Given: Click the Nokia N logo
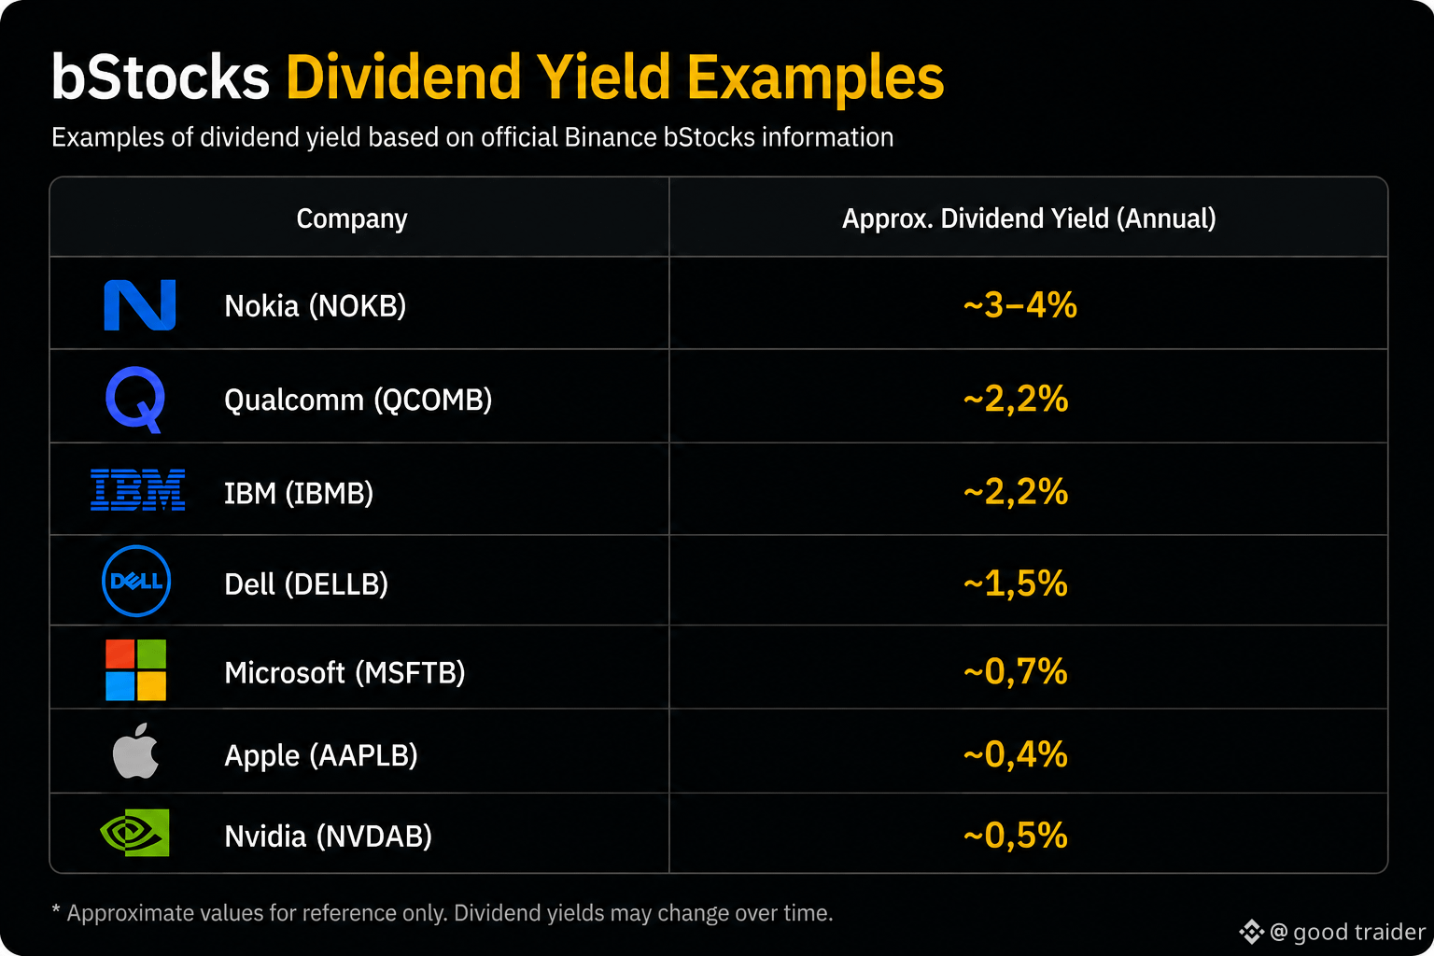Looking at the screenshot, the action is pyautogui.click(x=139, y=304).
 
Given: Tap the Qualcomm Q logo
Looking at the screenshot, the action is pyautogui.click(x=135, y=400).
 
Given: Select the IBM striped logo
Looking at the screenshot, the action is pyautogui.click(x=137, y=490).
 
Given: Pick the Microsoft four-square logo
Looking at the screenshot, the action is pyautogui.click(x=135, y=669).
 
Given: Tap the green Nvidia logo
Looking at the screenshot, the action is pyautogui.click(x=135, y=833).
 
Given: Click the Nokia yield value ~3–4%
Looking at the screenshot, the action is pyautogui.click(x=1019, y=304).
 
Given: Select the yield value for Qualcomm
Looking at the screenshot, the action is pyautogui.click(x=1016, y=399).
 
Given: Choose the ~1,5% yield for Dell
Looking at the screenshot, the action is pyautogui.click(x=1016, y=583).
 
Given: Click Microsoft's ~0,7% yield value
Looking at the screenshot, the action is pyautogui.click(x=1016, y=671).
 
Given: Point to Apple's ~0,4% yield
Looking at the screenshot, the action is pyautogui.click(x=1016, y=754).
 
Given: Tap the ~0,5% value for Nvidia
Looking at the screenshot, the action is pyautogui.click(x=1016, y=836).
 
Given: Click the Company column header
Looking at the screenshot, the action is pyautogui.click(x=351, y=219).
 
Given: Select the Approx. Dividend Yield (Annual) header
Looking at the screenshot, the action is pyautogui.click(x=1029, y=218).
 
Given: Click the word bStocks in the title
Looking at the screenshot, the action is pyautogui.click(x=160, y=77).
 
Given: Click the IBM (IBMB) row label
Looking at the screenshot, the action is pyautogui.click(x=299, y=493).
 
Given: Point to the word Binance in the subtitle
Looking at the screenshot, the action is pyautogui.click(x=611, y=137).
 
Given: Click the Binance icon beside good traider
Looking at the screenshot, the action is pyautogui.click(x=1252, y=932).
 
